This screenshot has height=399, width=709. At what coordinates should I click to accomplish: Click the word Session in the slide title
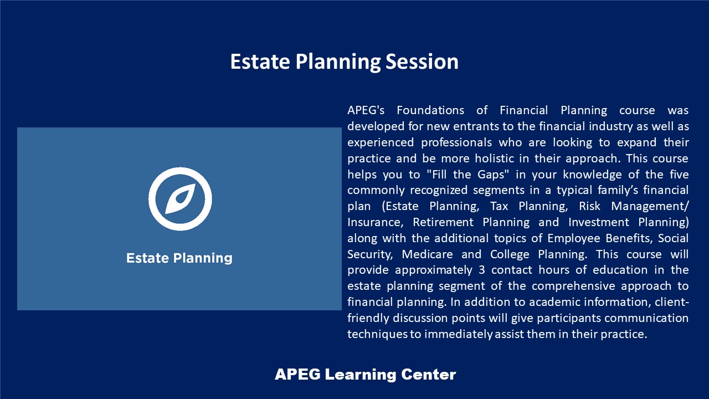coord(422,62)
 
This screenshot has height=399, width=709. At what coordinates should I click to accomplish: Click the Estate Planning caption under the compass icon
coord(179,258)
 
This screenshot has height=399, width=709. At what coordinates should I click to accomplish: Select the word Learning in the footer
coord(361,375)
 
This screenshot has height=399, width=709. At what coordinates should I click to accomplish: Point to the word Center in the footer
coord(429,374)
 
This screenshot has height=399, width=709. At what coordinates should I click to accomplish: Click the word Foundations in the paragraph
coord(430,110)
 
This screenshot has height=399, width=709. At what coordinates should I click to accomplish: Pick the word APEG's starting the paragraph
coord(366,110)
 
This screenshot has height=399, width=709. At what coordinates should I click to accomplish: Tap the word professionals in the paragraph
coord(456,142)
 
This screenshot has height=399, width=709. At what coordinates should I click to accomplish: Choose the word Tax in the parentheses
coord(499,206)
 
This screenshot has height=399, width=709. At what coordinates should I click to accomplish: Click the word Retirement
coord(443,222)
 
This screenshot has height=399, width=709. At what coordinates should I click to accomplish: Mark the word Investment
coord(599,222)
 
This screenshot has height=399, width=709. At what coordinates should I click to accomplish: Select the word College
coord(510,254)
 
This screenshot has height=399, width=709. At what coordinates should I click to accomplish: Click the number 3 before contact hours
coord(482,270)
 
